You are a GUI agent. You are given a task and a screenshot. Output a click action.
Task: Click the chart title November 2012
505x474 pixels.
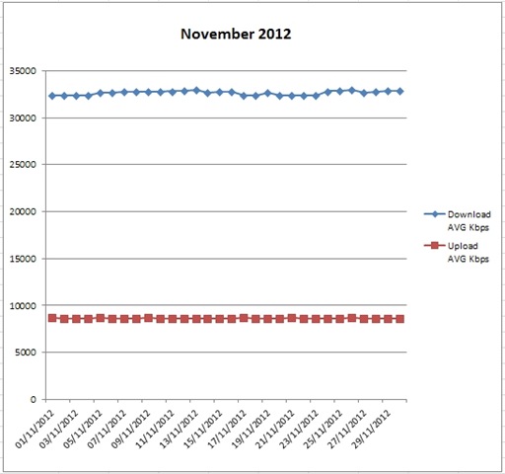(236, 34)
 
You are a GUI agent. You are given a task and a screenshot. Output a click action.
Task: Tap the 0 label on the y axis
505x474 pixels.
(35, 400)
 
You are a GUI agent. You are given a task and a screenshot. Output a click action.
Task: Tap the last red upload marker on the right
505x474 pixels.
(399, 319)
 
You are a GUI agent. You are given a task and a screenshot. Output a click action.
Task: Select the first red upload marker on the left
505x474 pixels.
(52, 318)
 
